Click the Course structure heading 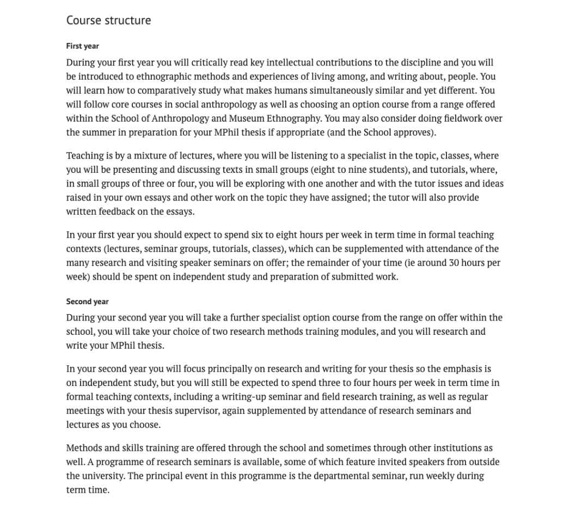[108, 21]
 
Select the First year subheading [83, 46]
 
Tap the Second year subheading [88, 301]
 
